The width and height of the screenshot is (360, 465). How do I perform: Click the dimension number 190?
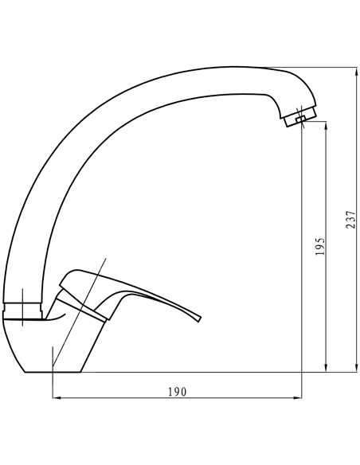pos(176,391)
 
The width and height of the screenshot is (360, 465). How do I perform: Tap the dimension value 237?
pos(350,219)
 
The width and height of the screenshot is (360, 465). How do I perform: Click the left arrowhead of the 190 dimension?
pos(54,397)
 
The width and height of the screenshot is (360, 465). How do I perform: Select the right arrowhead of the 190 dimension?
pos(299,397)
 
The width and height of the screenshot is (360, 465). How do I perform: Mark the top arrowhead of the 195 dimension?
pos(327,127)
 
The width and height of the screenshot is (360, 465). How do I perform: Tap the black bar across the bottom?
pos(180,439)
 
